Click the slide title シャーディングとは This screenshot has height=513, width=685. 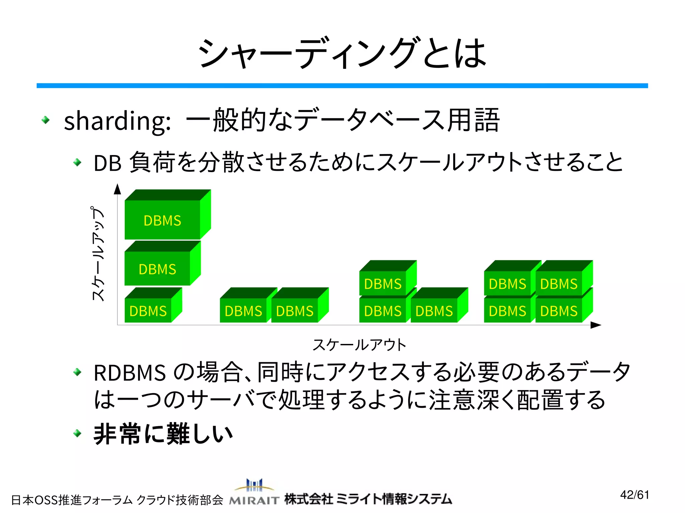point(342,53)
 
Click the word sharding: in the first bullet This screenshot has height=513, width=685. point(117,121)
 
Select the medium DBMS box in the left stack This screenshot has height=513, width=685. point(158,269)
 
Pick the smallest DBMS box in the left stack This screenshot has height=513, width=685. point(148,310)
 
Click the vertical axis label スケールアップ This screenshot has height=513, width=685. point(98,254)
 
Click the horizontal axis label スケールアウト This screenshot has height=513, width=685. point(359,345)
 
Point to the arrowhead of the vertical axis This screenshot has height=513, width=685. point(117,189)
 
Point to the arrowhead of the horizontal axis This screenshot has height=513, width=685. point(596,325)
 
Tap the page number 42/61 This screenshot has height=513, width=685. point(634,495)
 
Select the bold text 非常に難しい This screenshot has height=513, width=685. point(163,434)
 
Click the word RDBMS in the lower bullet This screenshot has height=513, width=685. point(130,373)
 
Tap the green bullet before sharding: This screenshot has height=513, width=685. point(45,120)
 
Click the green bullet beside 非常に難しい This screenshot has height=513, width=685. point(77,433)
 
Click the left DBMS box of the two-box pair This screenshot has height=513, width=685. point(243,310)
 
